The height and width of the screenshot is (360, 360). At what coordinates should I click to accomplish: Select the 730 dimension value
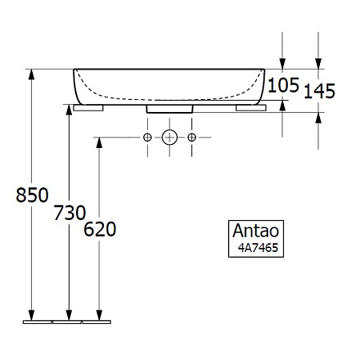pos(70,214)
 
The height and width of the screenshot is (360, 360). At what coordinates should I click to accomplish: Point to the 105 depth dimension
pos(282,83)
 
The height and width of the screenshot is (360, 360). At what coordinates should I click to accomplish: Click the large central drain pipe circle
pos(170,138)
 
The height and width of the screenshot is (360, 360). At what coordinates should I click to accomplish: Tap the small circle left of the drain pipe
pos(147,138)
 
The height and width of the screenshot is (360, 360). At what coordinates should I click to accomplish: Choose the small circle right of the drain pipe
pos(192,138)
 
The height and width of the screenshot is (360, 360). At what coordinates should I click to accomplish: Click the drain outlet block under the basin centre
pos(170,108)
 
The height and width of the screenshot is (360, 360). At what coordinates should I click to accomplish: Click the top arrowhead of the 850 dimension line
pos(32,74)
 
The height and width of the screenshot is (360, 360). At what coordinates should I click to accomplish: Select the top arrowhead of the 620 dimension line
pos(99,142)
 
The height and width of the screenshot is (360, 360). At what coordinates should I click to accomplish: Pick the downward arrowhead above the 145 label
pos(319,64)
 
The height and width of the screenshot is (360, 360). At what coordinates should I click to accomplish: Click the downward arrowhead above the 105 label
pos(282,64)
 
